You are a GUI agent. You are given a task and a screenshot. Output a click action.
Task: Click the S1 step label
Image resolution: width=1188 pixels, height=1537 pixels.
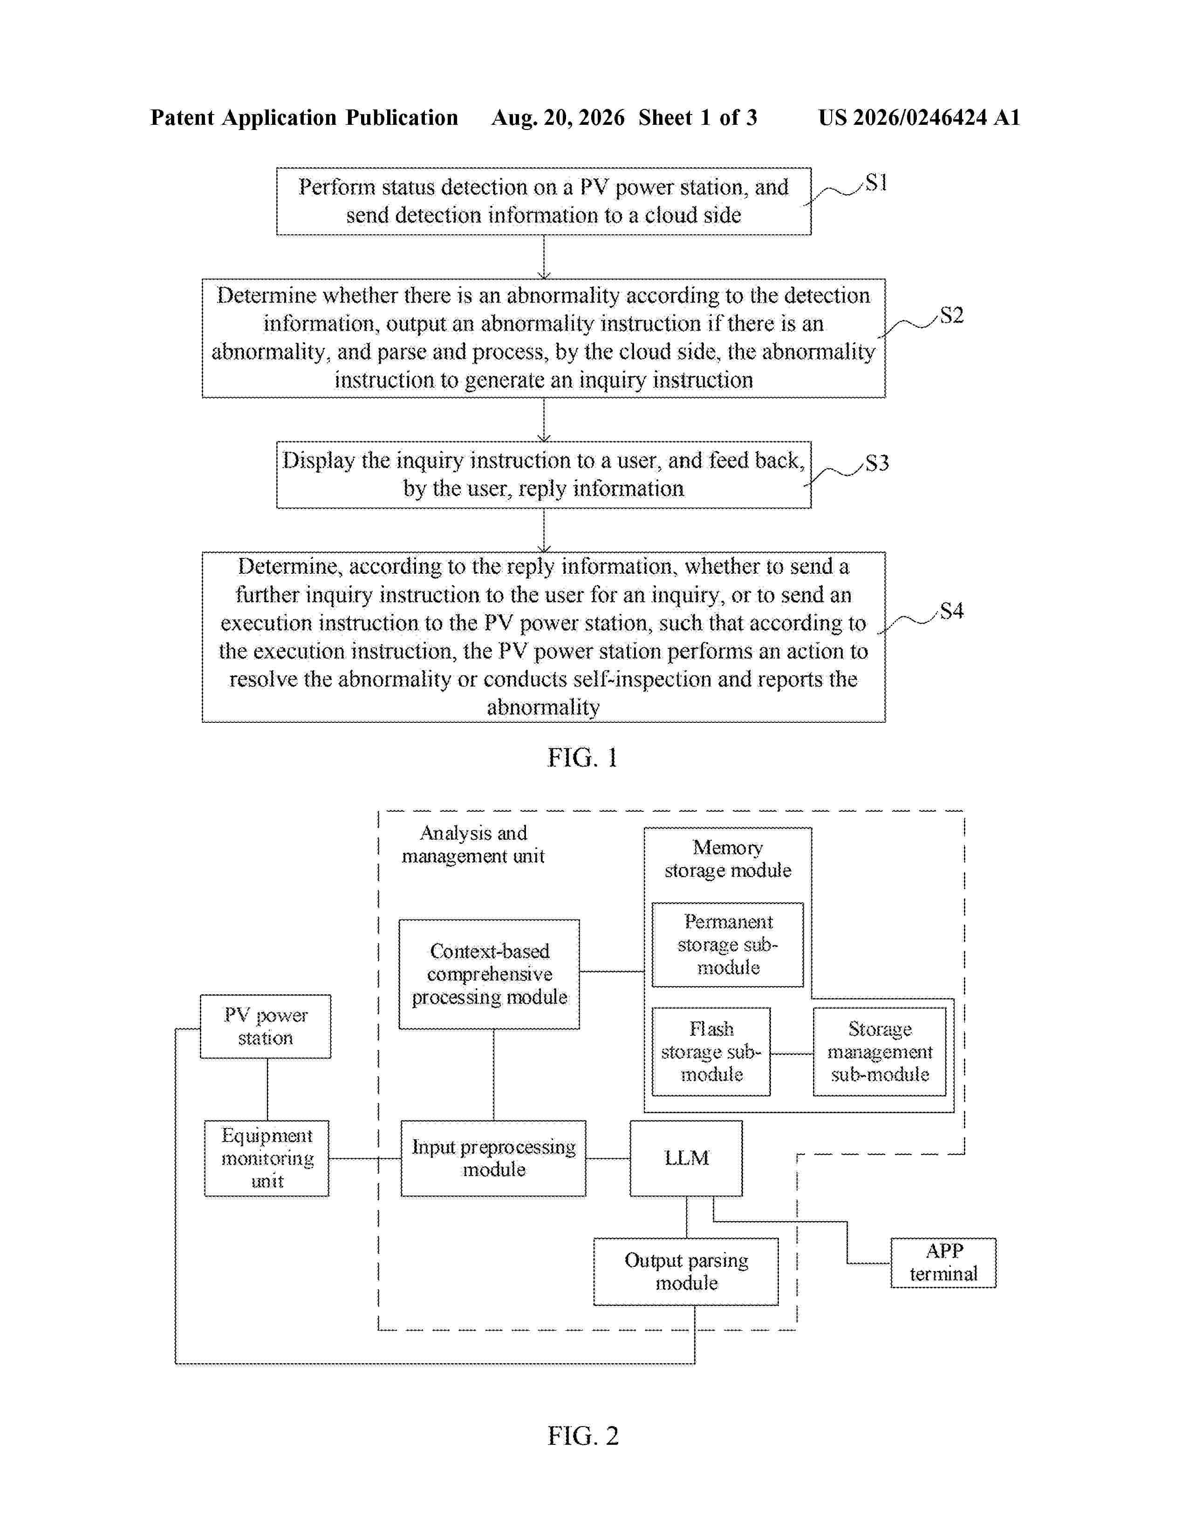click(x=876, y=183)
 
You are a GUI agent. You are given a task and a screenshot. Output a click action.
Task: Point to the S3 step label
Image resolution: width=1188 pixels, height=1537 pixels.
click(x=877, y=462)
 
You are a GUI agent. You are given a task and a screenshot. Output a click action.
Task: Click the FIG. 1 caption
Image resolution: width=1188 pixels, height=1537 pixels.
click(x=583, y=757)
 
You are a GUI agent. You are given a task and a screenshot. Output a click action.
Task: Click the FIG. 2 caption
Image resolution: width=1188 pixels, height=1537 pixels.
click(x=583, y=1435)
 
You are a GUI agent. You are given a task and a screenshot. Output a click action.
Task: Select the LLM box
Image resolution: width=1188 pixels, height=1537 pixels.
click(x=686, y=1158)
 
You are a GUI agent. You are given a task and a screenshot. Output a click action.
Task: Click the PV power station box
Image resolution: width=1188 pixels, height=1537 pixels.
click(x=266, y=1026)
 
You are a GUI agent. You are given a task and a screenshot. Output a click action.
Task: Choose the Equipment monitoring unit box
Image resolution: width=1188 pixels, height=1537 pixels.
click(x=267, y=1158)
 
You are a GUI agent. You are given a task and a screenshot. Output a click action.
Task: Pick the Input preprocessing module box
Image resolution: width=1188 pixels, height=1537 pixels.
click(x=493, y=1158)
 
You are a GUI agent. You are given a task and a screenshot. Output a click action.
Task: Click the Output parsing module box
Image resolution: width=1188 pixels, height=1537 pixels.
click(x=686, y=1271)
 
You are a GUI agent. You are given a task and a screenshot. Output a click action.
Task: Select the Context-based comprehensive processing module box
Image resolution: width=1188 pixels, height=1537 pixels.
click(x=489, y=974)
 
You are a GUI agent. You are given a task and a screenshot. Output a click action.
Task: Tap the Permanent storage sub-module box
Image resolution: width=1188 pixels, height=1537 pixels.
click(x=728, y=945)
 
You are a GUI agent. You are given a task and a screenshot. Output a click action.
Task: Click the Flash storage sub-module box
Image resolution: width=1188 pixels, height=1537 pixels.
click(x=711, y=1051)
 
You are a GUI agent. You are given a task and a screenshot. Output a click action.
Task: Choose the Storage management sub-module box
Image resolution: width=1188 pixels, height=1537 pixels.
click(x=880, y=1051)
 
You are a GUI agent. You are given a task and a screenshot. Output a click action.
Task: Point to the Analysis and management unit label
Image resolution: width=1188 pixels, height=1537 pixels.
click(x=473, y=844)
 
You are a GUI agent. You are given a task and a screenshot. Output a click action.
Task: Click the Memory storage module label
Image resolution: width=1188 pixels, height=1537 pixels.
click(x=728, y=858)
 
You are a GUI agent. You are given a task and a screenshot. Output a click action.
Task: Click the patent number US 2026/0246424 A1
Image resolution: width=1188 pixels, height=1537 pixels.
click(x=919, y=117)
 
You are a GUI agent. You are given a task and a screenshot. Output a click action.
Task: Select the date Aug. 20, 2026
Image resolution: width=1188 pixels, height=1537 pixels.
click(x=558, y=117)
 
